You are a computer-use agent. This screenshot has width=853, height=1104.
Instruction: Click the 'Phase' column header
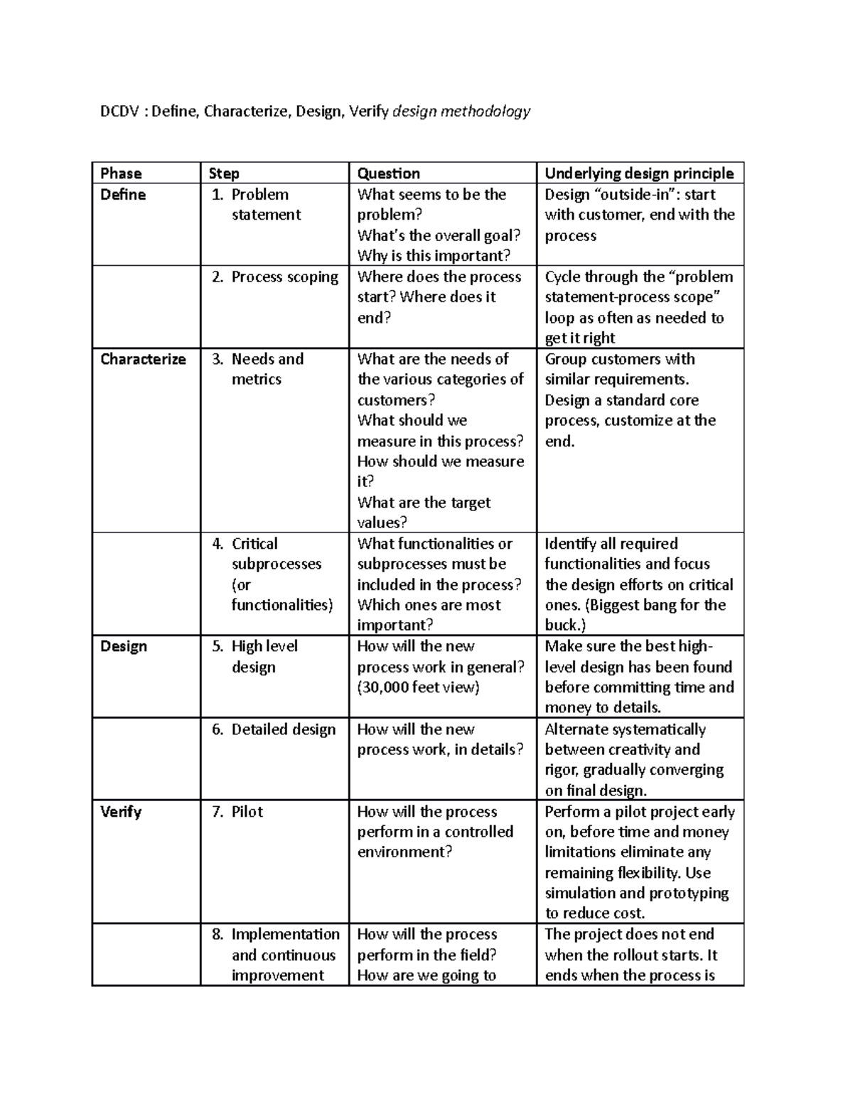pyautogui.click(x=121, y=173)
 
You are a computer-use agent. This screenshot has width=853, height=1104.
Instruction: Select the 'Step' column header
pyautogui.click(x=224, y=173)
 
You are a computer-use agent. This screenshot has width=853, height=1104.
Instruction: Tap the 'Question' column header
pyautogui.click(x=388, y=173)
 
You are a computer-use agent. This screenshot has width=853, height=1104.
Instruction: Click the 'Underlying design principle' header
pyautogui.click(x=638, y=173)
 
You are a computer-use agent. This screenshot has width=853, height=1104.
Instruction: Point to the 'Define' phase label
pyautogui.click(x=123, y=195)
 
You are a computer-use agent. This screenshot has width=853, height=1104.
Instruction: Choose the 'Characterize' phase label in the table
pyautogui.click(x=143, y=359)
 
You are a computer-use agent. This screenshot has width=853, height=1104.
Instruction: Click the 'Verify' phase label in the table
pyautogui.click(x=121, y=812)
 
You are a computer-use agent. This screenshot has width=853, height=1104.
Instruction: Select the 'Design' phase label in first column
pyautogui.click(x=124, y=646)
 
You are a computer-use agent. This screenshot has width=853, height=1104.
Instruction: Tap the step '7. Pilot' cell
pyautogui.click(x=237, y=812)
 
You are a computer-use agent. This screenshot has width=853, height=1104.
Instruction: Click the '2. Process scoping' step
pyautogui.click(x=275, y=277)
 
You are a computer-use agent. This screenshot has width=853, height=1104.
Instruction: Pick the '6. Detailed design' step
pyautogui.click(x=274, y=729)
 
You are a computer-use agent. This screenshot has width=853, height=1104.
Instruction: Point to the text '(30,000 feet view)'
pyautogui.click(x=418, y=687)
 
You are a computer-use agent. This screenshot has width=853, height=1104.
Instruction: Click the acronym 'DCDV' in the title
pyautogui.click(x=119, y=112)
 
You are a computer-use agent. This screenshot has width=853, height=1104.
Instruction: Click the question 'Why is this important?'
pyautogui.click(x=434, y=256)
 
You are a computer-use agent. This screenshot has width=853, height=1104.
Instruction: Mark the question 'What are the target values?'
pyautogui.click(x=424, y=513)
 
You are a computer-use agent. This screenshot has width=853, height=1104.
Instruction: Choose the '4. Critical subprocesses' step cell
pyautogui.click(x=274, y=574)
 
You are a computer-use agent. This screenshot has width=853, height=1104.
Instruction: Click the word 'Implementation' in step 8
pyautogui.click(x=285, y=934)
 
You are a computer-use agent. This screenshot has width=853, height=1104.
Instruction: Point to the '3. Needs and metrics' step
pyautogui.click(x=267, y=369)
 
